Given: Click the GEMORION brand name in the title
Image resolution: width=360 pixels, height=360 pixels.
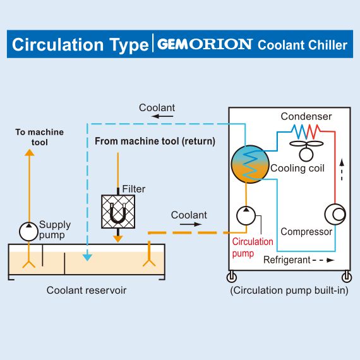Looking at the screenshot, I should (205, 45).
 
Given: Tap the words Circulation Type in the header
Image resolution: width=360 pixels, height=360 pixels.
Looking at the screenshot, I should (81, 45).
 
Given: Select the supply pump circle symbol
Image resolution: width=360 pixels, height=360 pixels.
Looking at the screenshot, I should (28, 232).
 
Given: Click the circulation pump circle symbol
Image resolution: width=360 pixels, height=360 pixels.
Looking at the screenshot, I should (246, 215).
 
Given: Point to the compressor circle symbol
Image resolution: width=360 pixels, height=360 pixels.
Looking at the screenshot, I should (335, 215).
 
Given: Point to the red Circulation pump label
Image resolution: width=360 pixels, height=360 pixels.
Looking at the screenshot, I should (253, 248).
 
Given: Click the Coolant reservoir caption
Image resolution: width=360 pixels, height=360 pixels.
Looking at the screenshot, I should (86, 291).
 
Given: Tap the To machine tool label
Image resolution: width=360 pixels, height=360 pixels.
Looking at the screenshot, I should (40, 137).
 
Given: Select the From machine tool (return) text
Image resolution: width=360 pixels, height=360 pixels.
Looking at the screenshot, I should (155, 141).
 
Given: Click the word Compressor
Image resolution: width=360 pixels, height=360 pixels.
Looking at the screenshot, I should (306, 232).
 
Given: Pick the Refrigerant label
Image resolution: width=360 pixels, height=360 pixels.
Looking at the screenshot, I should (287, 260).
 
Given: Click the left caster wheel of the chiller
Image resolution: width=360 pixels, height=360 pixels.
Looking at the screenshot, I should (232, 277).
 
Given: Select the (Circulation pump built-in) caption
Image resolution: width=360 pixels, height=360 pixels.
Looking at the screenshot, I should (289, 291).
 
